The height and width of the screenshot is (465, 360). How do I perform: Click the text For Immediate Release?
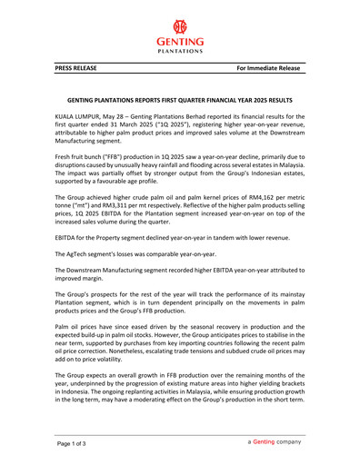point(270,68)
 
